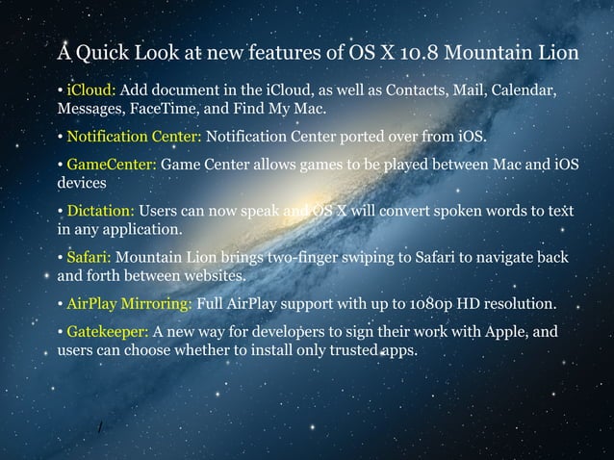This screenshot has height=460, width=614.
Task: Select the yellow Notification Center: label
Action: click(134, 136)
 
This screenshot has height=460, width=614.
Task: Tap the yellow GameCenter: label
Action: click(111, 165)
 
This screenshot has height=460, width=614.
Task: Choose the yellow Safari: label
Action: click(89, 257)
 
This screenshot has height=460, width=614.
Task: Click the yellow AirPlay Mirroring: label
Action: click(129, 304)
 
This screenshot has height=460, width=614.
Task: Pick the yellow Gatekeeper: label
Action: click(108, 333)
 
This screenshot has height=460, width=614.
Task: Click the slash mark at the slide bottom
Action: click(99, 425)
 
